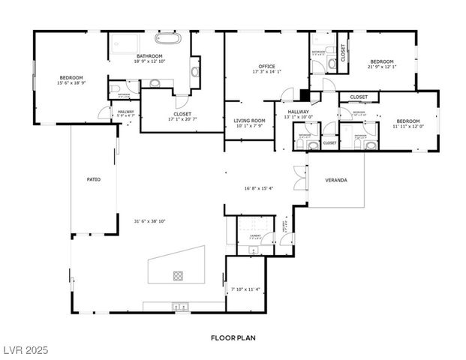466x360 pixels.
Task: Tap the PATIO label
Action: point(93,179)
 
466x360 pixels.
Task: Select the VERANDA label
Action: point(335,181)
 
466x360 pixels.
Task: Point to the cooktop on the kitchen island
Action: point(179,274)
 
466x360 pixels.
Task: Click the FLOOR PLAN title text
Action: point(233,338)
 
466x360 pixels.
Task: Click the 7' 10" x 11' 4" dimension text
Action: point(245,289)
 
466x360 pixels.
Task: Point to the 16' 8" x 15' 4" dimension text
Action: point(259,187)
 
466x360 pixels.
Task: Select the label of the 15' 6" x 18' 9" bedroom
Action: point(71,77)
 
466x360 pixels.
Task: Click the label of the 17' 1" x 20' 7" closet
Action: point(182,114)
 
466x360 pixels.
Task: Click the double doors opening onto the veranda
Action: point(300,181)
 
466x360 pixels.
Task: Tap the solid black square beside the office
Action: point(303,94)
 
